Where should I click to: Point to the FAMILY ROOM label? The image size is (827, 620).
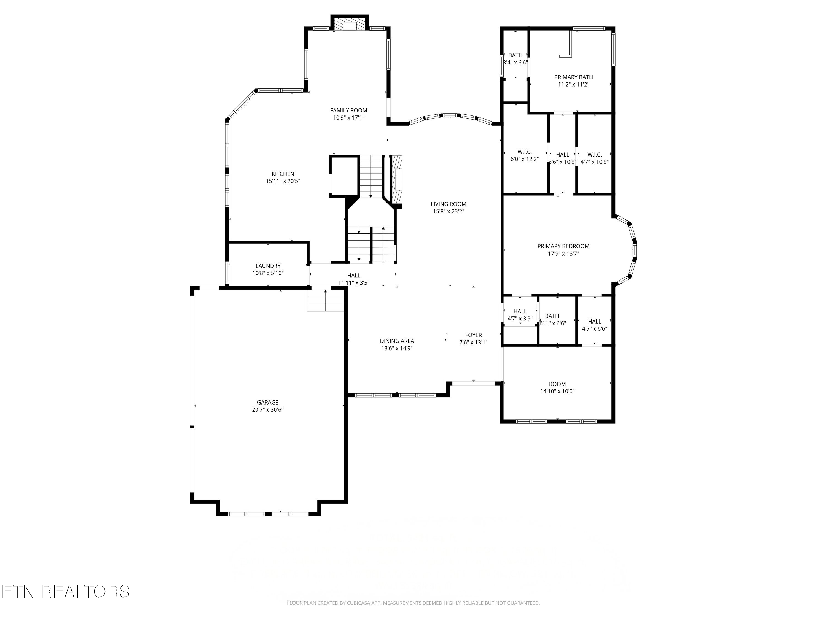click(348, 110)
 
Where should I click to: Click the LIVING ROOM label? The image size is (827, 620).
click(448, 204)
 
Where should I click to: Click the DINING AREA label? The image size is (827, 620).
click(397, 341)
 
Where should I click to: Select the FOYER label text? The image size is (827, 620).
click(473, 335)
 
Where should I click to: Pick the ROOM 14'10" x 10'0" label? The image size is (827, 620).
click(557, 384)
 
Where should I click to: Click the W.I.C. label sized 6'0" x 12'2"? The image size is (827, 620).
click(525, 152)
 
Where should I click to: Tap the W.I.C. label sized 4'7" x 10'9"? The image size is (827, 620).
click(594, 155)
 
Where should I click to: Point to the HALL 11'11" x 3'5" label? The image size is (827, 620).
click(354, 276)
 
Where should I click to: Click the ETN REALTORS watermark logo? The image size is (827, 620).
click(65, 592)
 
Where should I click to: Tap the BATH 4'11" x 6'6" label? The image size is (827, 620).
click(552, 316)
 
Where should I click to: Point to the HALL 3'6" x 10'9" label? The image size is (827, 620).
click(562, 155)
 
